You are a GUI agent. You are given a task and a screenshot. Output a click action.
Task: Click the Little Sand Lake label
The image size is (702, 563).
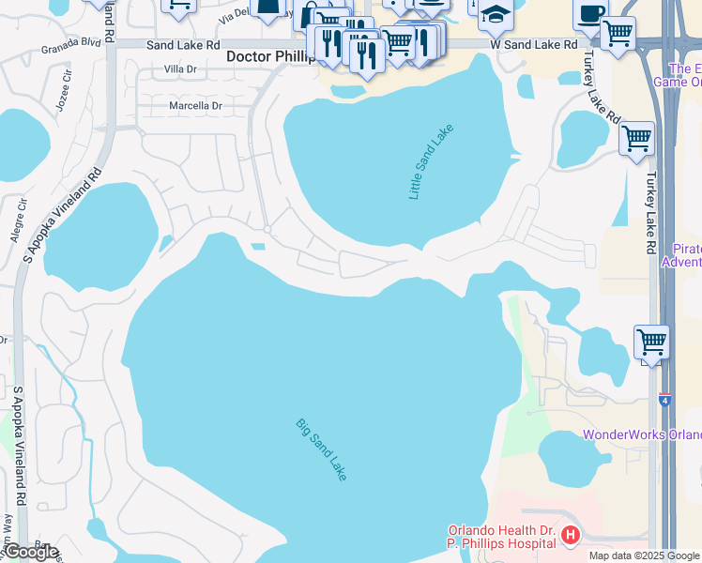(431, 161)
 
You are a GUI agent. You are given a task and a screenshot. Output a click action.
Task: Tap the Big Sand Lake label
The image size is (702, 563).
(322, 449)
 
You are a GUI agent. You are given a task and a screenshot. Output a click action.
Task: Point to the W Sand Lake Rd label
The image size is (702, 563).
(533, 44)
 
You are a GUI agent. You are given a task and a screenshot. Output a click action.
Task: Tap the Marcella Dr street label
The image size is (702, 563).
(194, 106)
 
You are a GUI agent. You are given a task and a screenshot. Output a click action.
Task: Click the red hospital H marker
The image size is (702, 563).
(570, 537)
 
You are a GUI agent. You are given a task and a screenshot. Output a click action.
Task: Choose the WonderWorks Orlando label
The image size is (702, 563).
(642, 434)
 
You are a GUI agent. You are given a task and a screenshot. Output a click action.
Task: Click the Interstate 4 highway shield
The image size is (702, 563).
(664, 399)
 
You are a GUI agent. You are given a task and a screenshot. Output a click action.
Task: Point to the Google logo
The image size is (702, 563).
(30, 552)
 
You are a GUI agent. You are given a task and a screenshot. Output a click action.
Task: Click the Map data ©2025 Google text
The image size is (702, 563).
(644, 555)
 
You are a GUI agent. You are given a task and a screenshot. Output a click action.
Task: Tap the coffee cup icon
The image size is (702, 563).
(590, 13)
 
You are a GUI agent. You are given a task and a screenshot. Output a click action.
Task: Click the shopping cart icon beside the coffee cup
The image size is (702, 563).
(618, 33)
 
